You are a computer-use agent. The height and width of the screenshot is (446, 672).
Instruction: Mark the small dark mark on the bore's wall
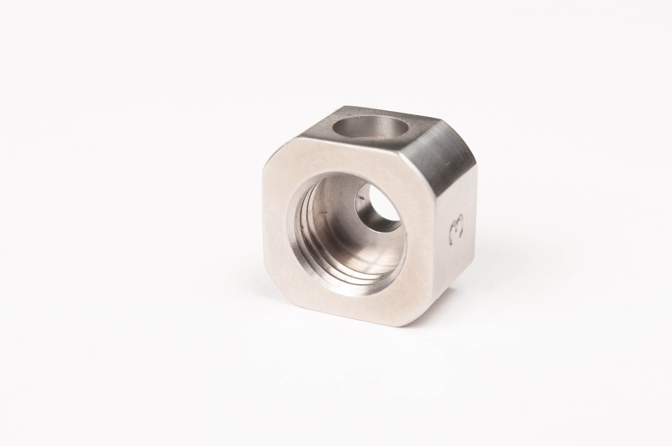(x=323, y=220)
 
